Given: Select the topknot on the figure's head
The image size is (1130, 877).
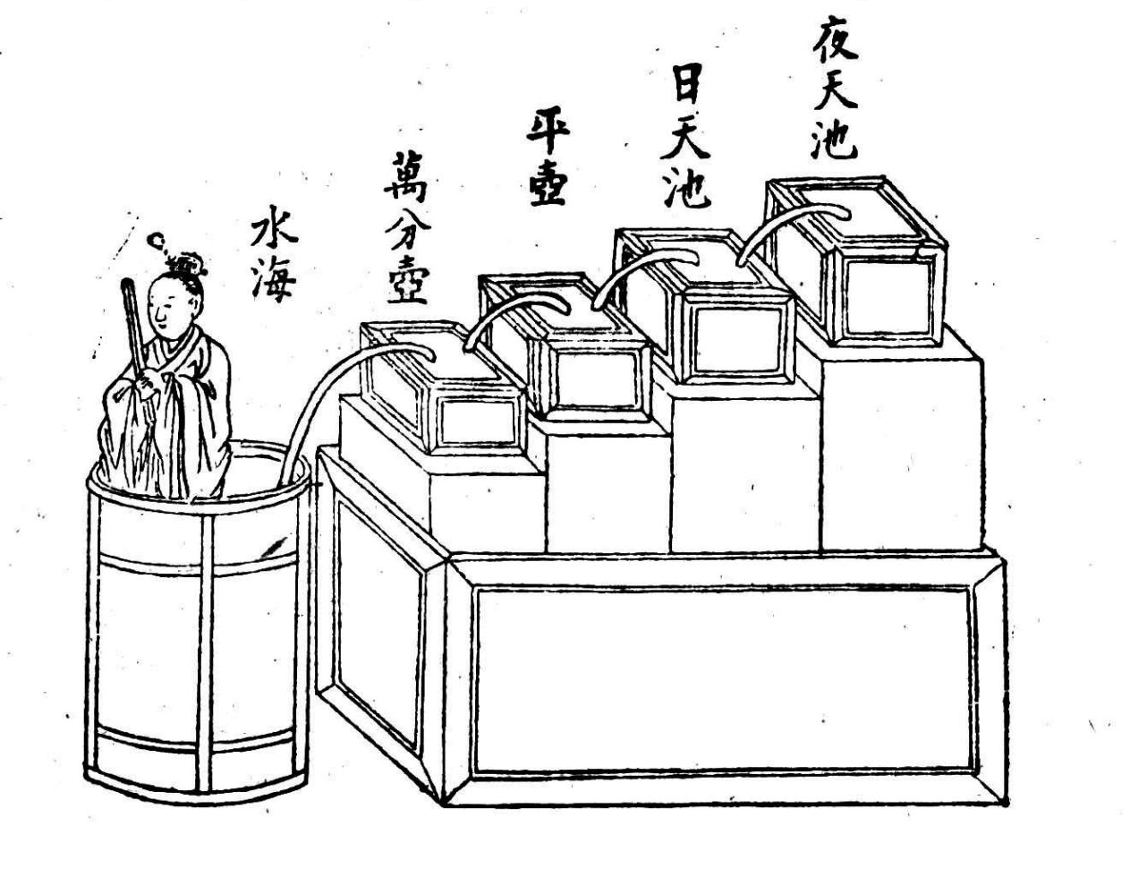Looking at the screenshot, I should coord(188,264).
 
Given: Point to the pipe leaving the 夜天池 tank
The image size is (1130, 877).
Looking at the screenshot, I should coord(787,218).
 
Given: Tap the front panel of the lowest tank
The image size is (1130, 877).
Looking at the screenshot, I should coord(478,421).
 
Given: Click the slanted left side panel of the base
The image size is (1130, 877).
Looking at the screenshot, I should coord(376,626).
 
